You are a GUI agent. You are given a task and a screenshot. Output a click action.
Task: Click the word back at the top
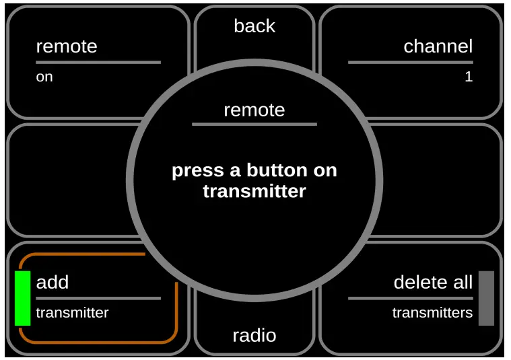(254, 26)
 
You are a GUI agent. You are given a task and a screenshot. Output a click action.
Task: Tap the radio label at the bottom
(254, 335)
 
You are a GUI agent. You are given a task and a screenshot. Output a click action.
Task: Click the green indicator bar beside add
(23, 298)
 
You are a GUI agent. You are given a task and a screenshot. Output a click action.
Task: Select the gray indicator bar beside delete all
(486, 298)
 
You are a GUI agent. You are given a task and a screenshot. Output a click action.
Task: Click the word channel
(438, 46)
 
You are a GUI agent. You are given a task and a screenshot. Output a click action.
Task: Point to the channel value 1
(469, 77)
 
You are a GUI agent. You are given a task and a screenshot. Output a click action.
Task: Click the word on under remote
(44, 77)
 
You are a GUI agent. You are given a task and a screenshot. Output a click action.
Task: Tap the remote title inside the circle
(254, 110)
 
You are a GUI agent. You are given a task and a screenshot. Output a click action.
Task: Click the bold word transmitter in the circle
(254, 191)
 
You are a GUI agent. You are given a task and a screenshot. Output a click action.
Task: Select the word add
(53, 282)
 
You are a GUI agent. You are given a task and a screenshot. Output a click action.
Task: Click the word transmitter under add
(72, 313)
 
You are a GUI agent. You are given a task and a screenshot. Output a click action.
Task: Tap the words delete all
(433, 282)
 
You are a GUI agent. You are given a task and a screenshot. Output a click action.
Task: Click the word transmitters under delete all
(432, 313)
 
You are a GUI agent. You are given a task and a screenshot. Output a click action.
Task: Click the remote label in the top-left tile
(67, 46)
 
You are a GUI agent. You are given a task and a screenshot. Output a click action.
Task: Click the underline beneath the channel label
(410, 63)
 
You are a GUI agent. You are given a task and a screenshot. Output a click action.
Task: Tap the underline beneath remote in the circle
(254, 124)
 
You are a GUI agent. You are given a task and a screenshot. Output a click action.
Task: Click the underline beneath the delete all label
(410, 298)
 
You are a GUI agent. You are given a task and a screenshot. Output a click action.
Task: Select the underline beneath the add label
(98, 298)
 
